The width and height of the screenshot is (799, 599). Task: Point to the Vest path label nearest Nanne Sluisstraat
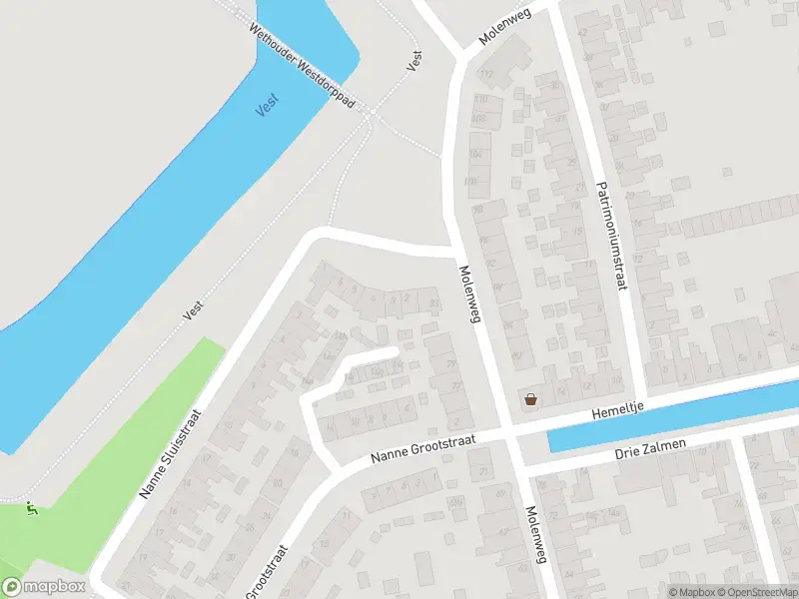[193, 310]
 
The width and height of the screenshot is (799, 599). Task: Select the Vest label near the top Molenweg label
[414, 60]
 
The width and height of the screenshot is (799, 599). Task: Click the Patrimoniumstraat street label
[610, 236]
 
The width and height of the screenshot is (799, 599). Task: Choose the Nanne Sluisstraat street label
[175, 454]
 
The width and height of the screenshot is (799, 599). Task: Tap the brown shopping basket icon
[529, 399]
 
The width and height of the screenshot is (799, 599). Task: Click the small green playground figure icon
[32, 509]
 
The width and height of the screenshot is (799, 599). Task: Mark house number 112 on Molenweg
[488, 74]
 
